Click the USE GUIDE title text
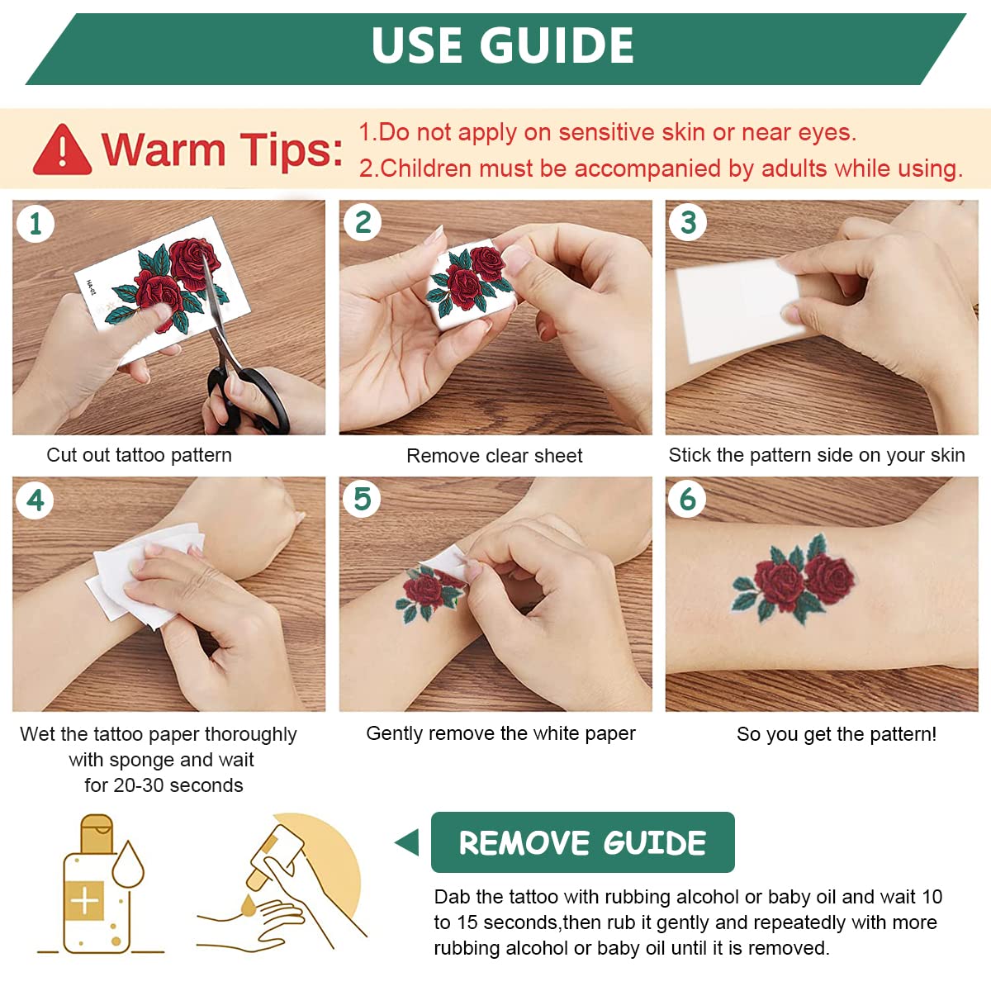[x=502, y=45]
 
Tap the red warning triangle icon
[x=62, y=150]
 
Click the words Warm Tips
[x=221, y=150]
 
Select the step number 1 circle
[x=35, y=225]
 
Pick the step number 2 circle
[x=363, y=223]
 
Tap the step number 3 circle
[x=688, y=223]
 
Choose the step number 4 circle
[x=35, y=500]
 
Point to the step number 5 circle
[x=362, y=500]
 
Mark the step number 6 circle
[x=687, y=500]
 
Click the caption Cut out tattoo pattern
[x=139, y=455]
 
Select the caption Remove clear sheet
[x=494, y=456]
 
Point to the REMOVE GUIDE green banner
[x=583, y=842]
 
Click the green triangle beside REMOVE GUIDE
[x=407, y=842]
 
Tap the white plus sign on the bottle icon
[x=84, y=901]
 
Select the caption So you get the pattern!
[x=837, y=734]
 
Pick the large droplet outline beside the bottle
[x=128, y=864]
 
